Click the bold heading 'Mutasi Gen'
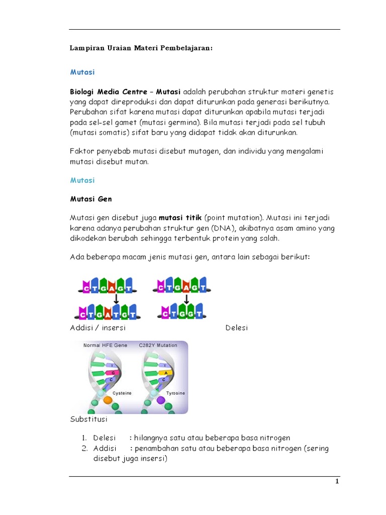pos(90,199)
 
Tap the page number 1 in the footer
pos(338,481)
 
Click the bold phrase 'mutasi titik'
pos(180,218)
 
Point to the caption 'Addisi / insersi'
pos(98,328)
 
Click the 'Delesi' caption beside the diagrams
pos(237,328)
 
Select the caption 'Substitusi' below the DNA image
pos(88,418)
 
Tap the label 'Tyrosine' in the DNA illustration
pos(175,392)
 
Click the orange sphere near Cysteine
pos(108,400)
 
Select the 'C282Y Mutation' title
pos(158,346)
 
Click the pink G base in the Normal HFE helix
pos(113,372)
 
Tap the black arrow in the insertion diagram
pos(116,299)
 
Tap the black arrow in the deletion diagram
pos(186,299)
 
